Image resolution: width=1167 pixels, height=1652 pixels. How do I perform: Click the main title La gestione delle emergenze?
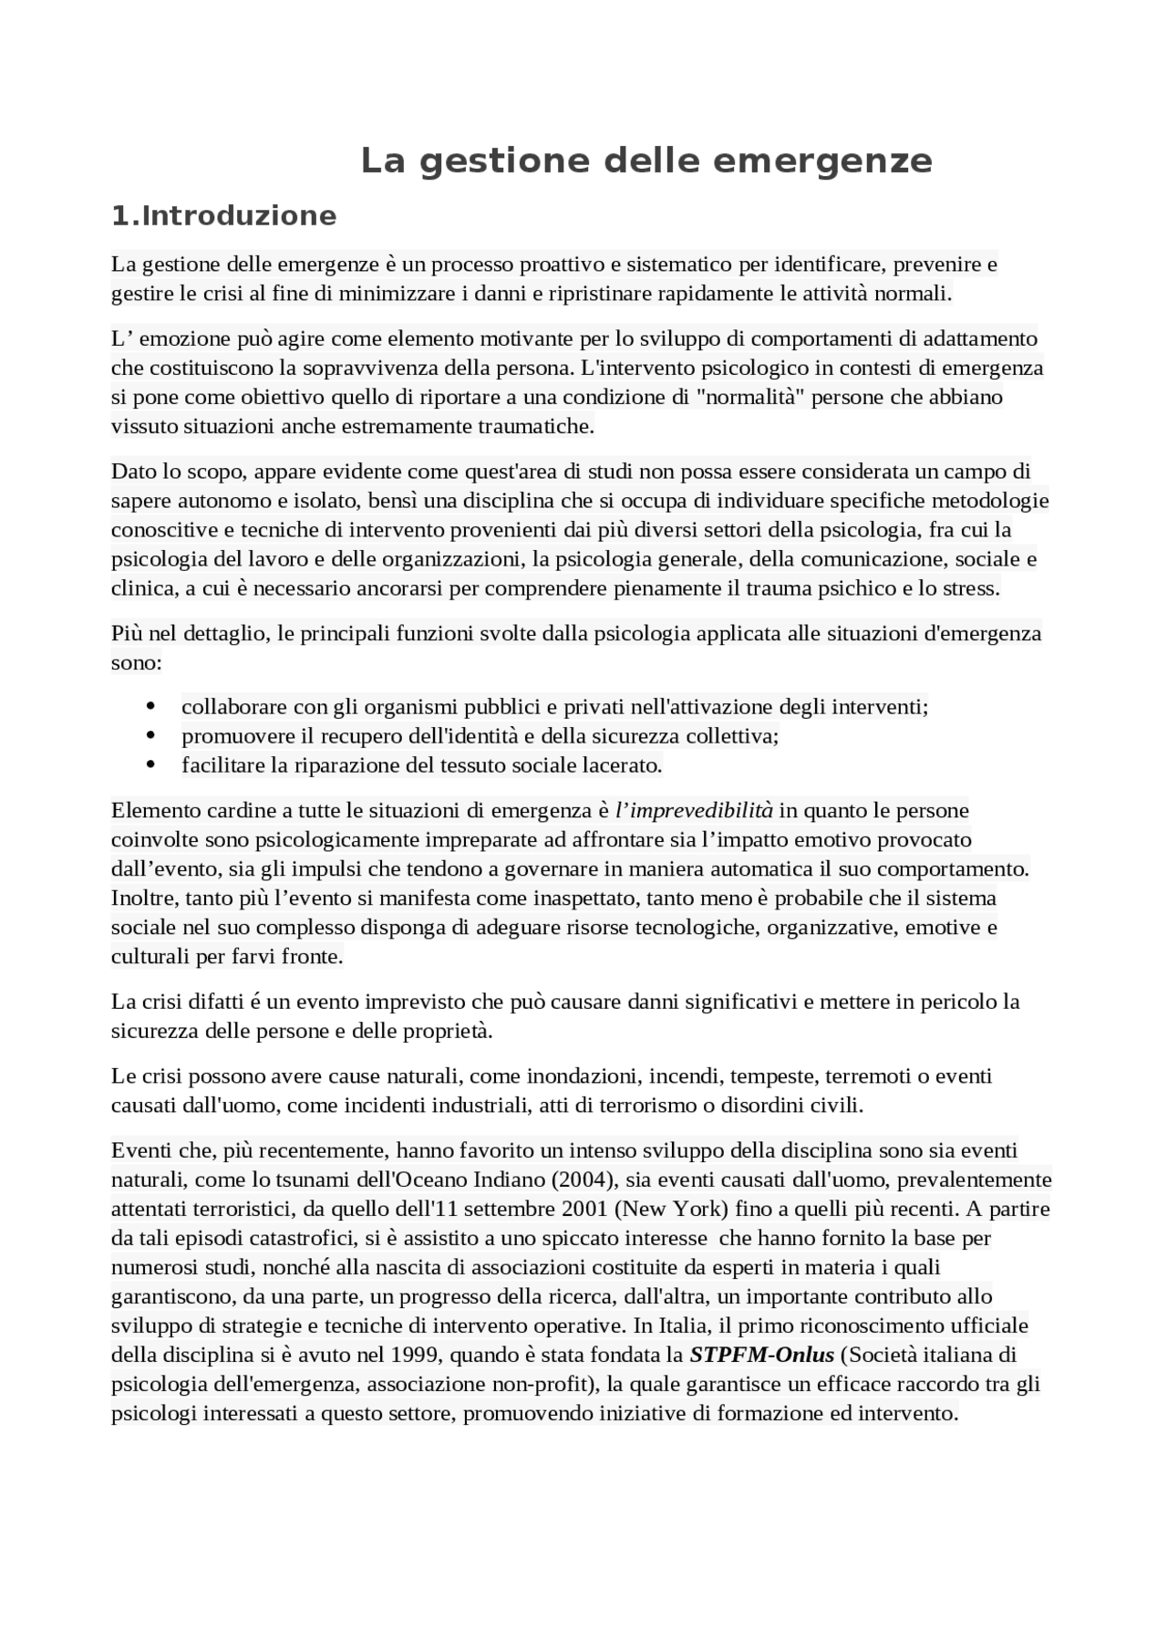[x=645, y=161]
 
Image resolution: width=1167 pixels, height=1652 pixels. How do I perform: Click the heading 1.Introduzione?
[x=223, y=216]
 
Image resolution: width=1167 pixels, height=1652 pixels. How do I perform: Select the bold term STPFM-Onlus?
[x=762, y=1355]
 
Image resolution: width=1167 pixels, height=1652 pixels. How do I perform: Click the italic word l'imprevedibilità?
[x=694, y=810]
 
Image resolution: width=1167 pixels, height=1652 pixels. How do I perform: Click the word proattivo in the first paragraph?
[x=471, y=265]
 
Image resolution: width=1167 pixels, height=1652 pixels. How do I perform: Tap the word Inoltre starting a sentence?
[x=144, y=899]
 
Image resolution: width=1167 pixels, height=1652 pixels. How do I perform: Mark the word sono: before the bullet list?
[x=136, y=663]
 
